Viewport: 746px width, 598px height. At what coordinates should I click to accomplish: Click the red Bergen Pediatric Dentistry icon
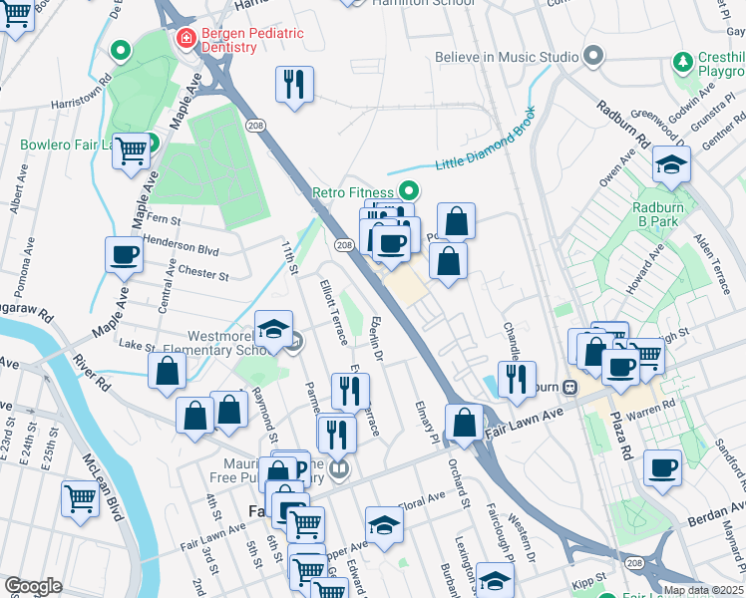click(x=185, y=39)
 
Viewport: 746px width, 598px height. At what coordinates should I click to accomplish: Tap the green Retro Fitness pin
click(x=408, y=190)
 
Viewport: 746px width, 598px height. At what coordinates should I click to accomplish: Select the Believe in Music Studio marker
click(x=593, y=56)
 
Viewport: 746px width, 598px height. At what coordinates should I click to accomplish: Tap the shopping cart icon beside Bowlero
click(x=131, y=151)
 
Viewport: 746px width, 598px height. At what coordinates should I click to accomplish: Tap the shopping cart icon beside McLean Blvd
click(x=80, y=496)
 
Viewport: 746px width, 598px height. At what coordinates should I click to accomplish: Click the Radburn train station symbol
click(x=570, y=387)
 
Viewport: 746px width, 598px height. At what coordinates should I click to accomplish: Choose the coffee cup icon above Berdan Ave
click(x=662, y=467)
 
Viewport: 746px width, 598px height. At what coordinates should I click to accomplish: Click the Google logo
click(x=33, y=586)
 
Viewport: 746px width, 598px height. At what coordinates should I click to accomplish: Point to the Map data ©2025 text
click(x=703, y=590)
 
